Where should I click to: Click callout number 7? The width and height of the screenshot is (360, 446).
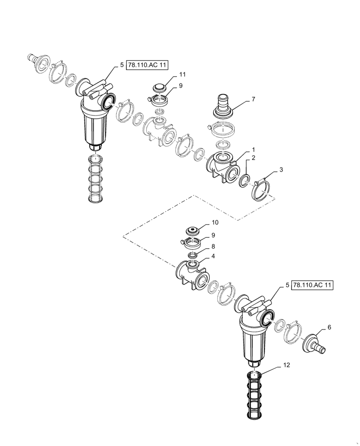253,99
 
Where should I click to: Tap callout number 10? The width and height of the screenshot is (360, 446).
214,222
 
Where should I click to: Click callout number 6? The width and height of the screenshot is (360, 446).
329,327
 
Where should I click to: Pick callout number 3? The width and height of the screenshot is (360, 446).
281,170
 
